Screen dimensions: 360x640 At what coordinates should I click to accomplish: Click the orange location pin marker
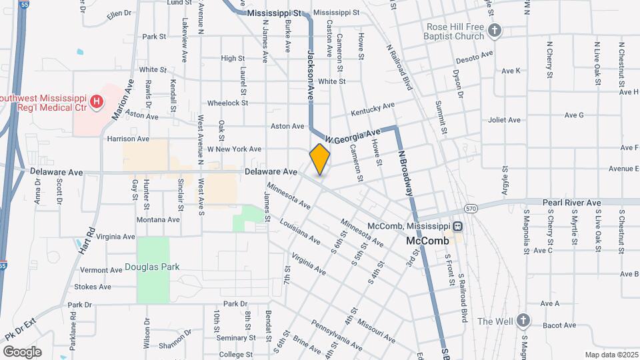pyautogui.click(x=320, y=159)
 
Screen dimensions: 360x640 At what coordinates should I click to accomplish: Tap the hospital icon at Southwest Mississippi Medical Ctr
pyautogui.click(x=97, y=102)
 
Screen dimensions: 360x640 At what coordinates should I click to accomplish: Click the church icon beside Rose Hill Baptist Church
pyautogui.click(x=494, y=31)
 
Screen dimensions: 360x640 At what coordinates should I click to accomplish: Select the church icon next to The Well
pyautogui.click(x=523, y=321)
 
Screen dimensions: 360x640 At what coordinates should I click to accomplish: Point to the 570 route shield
pyautogui.click(x=471, y=209)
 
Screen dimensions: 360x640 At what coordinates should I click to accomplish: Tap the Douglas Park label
pyautogui.click(x=152, y=267)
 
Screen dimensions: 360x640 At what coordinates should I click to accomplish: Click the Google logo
pyautogui.click(x=23, y=351)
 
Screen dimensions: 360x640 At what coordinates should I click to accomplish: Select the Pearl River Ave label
pyautogui.click(x=571, y=203)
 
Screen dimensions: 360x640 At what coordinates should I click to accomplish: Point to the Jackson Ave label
pyautogui.click(x=310, y=73)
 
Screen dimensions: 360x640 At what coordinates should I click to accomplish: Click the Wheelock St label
pyautogui.click(x=227, y=103)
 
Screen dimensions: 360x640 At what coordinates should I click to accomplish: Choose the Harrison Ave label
pyautogui.click(x=128, y=139)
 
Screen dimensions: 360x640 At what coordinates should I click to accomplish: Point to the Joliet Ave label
pyautogui.click(x=503, y=121)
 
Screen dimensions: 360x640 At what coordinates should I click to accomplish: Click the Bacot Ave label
pyautogui.click(x=559, y=325)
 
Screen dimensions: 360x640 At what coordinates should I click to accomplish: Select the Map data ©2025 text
pyautogui.click(x=610, y=355)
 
